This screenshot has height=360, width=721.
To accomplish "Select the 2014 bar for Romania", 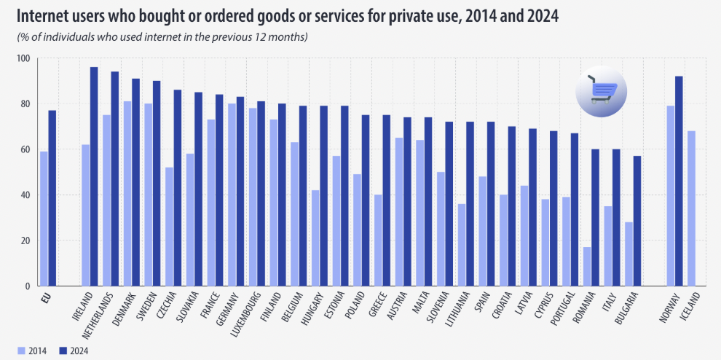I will [587, 267].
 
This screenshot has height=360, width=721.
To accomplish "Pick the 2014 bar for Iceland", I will [692, 208].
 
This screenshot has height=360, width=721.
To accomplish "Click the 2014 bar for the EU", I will [44, 219].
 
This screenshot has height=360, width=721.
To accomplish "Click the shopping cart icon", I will [602, 93].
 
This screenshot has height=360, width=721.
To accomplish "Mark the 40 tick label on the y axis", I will [25, 195].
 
